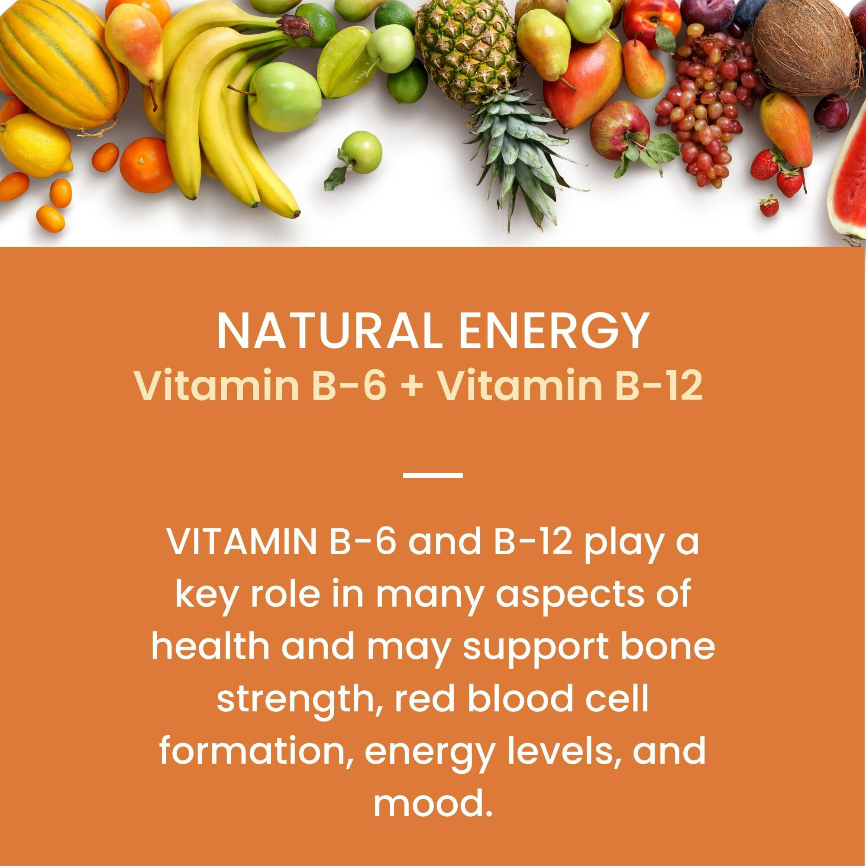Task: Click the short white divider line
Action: pyautogui.click(x=433, y=474)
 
